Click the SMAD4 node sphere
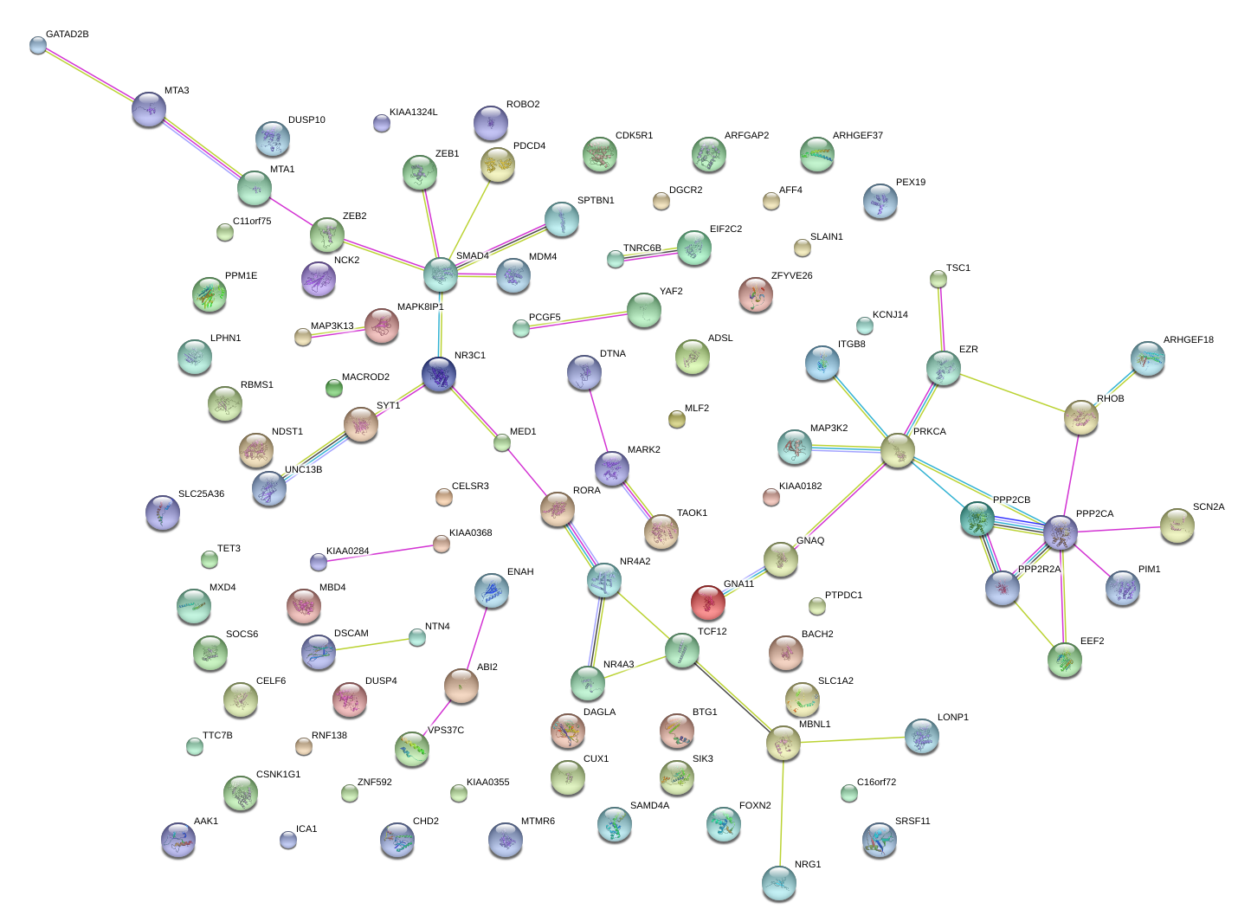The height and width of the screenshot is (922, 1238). (441, 274)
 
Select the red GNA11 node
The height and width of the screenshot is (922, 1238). (708, 602)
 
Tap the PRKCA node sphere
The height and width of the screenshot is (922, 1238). (898, 450)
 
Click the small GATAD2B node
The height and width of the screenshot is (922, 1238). (37, 45)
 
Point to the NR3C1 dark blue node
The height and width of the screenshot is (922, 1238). (439, 374)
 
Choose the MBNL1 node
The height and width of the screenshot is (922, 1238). (783, 743)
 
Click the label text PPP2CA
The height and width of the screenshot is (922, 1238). (1094, 514)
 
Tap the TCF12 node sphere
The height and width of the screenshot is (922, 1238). (682, 650)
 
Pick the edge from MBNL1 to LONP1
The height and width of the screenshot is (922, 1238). (853, 740)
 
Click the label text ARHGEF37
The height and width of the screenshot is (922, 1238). (857, 136)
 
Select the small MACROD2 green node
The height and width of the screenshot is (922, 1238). (333, 388)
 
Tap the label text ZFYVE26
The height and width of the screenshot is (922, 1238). (791, 276)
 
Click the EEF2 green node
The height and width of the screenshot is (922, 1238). (1065, 660)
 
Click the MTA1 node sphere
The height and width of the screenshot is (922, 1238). (255, 188)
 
